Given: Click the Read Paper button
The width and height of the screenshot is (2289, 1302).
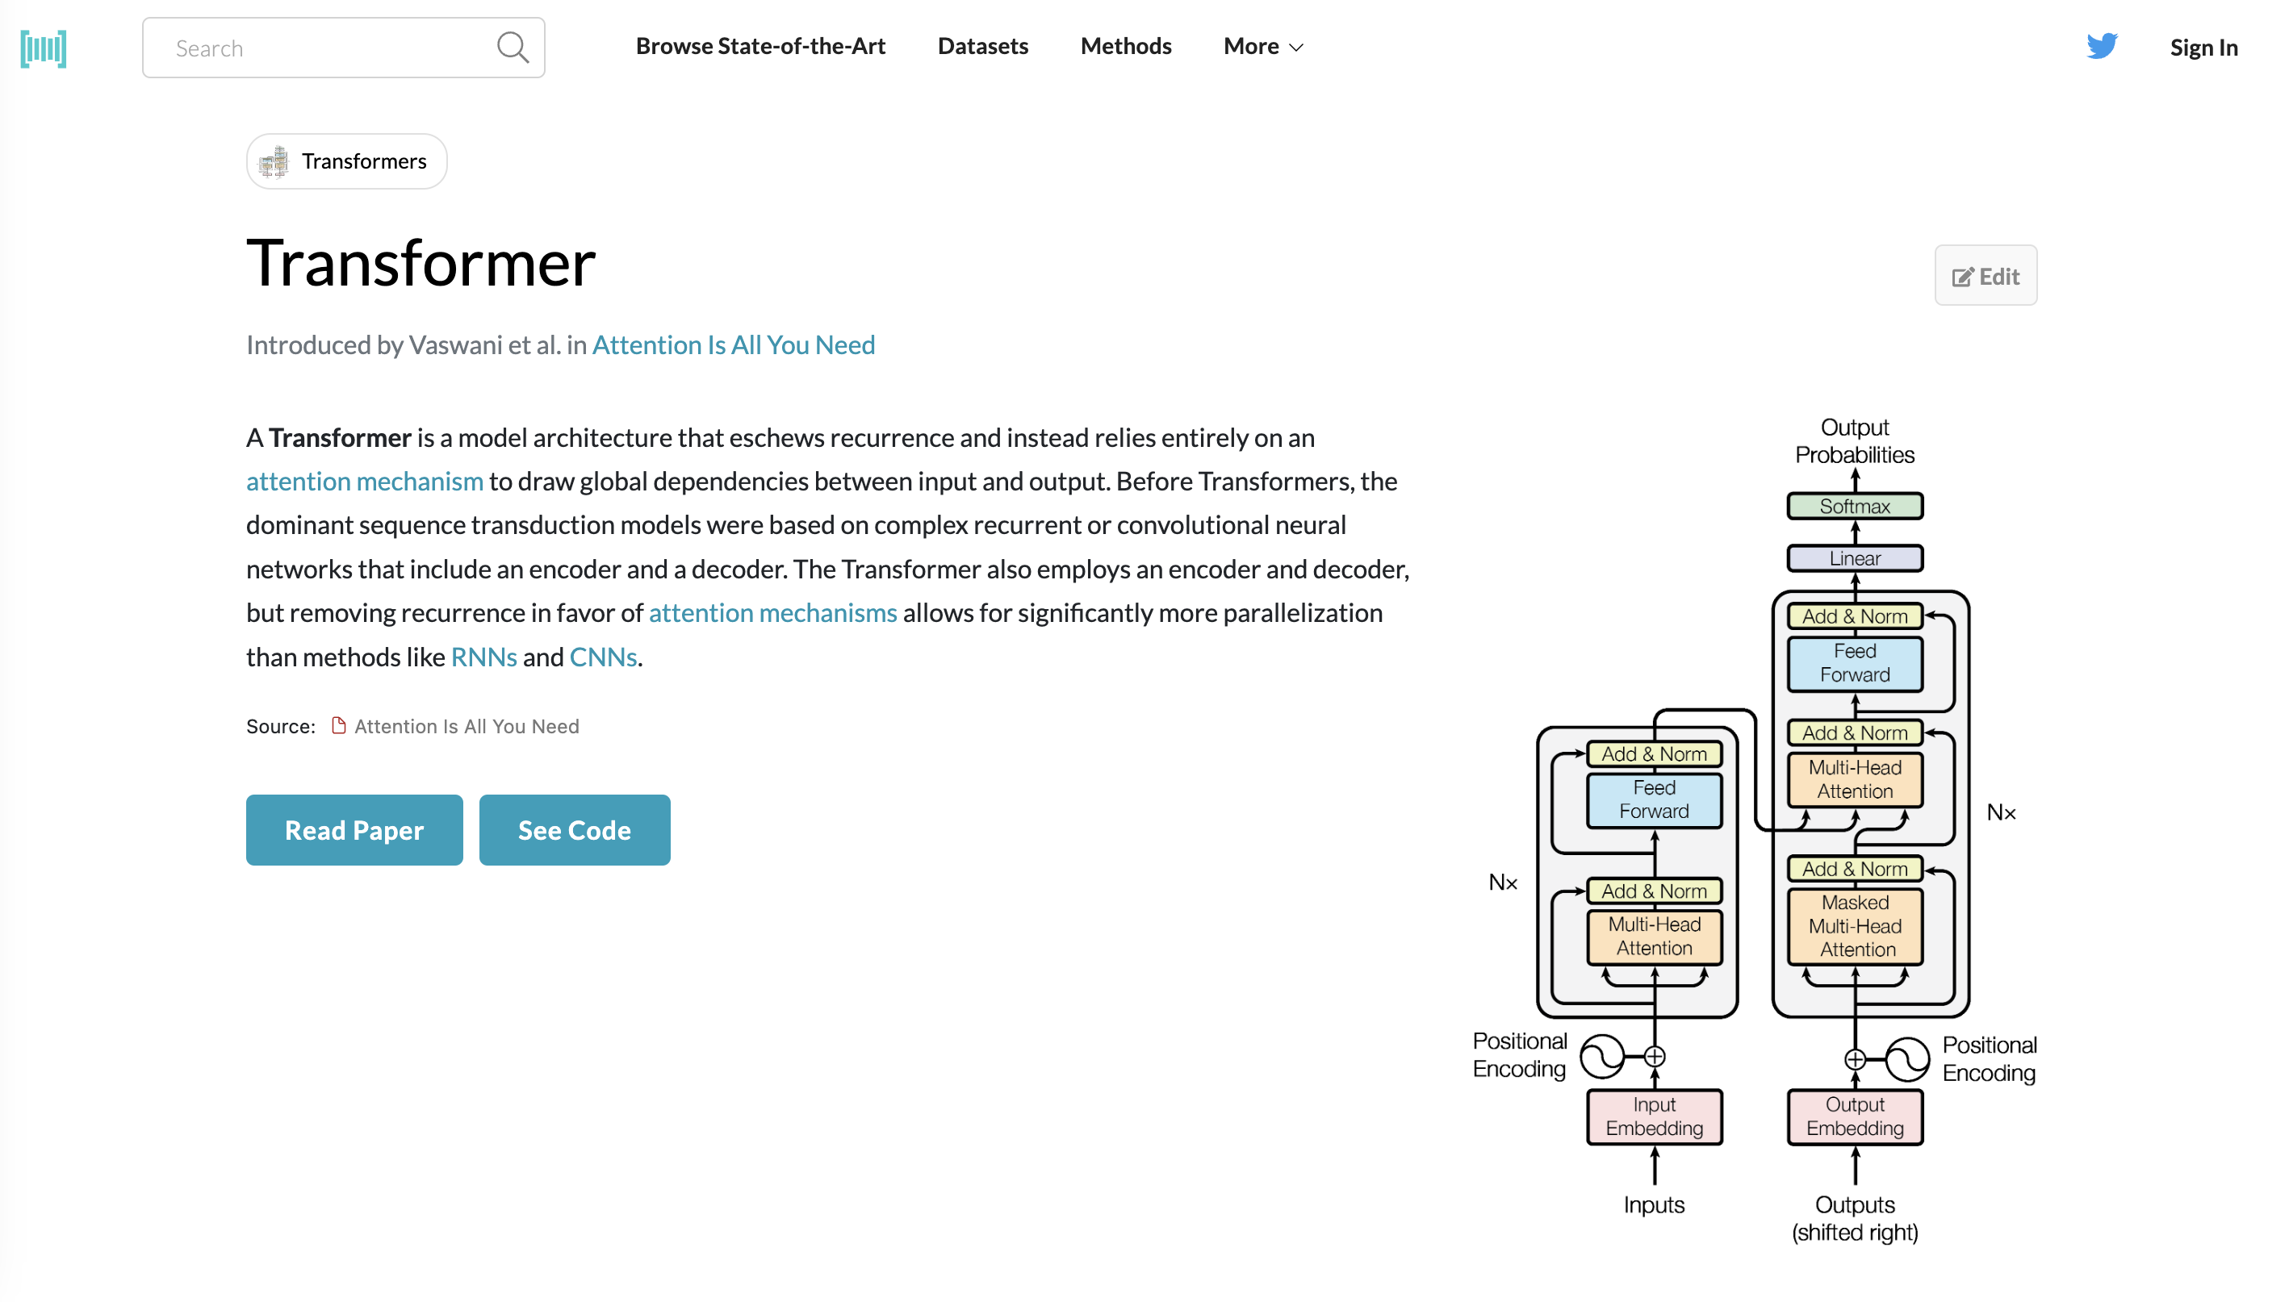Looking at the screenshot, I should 354,830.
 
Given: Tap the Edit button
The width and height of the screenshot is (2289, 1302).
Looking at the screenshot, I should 1985,277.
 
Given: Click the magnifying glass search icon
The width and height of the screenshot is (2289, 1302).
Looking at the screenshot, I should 513,48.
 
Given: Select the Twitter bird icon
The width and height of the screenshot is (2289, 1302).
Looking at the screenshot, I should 2101,46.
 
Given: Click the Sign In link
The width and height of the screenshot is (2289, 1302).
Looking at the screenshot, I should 2203,48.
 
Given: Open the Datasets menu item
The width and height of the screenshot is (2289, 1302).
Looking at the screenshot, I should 982,47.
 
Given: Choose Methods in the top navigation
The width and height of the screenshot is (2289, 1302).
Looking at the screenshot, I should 1125,47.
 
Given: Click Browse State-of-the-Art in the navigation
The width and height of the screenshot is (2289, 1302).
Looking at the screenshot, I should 760,47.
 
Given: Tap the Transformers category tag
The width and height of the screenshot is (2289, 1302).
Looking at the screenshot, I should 347,162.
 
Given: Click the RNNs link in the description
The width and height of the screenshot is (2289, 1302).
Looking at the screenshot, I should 484,657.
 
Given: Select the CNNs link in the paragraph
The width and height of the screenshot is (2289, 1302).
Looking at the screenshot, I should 603,657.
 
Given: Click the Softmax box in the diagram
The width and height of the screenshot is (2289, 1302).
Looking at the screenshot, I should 1854,506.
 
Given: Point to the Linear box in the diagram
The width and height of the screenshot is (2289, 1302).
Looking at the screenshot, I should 1854,558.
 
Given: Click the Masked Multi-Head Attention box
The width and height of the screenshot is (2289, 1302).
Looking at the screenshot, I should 1854,926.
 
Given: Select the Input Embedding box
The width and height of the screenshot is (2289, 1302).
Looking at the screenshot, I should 1654,1116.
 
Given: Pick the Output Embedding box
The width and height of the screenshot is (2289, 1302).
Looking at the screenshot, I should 1854,1116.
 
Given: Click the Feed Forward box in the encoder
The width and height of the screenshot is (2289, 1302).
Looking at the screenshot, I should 1654,799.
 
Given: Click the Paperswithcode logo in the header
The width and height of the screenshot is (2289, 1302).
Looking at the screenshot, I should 43,48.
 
